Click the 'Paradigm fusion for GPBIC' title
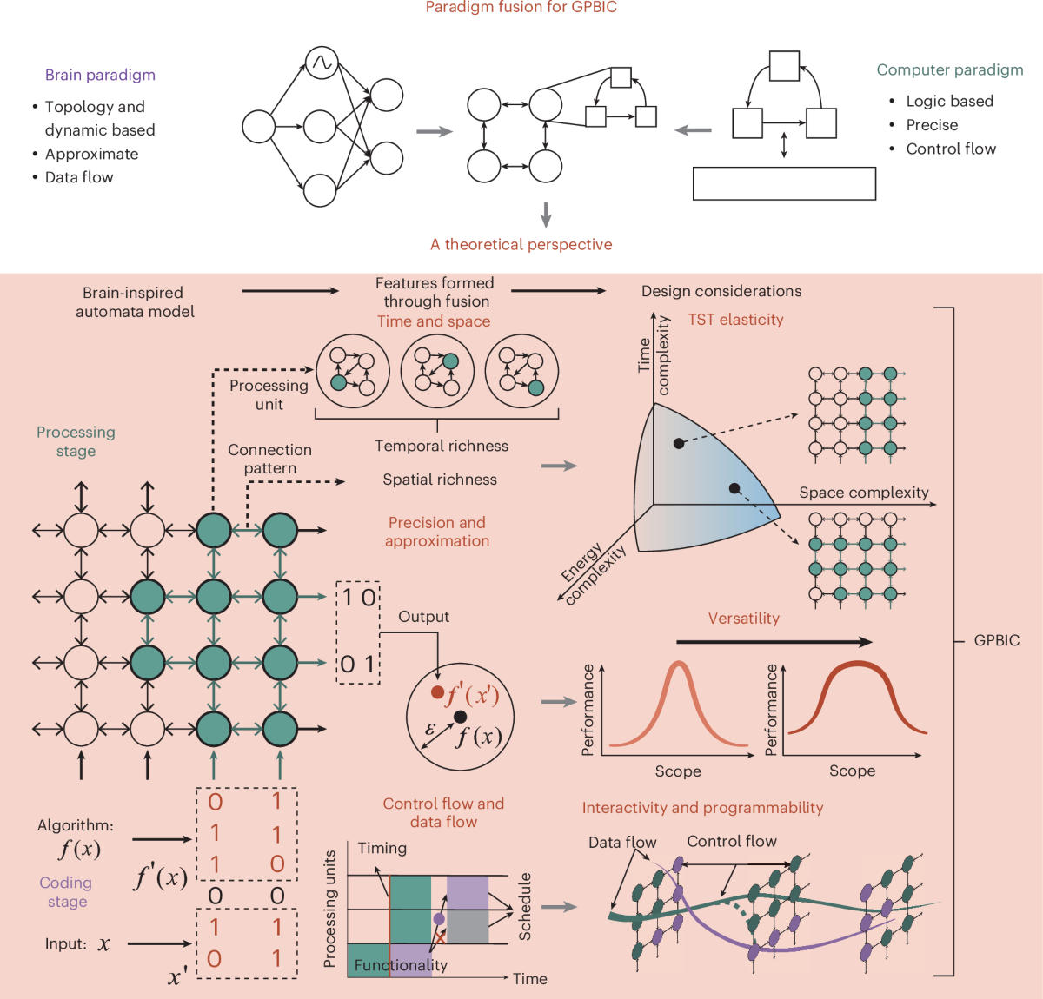tap(521, 8)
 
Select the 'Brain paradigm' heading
tap(100, 75)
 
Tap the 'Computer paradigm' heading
tap(949, 69)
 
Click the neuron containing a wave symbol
tap(322, 63)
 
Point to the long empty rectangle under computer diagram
tap(784, 183)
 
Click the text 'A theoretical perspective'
tap(521, 245)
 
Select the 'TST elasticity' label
tap(735, 320)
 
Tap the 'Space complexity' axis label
tap(863, 493)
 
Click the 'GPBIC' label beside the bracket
tap(996, 640)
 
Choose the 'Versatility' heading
tap(743, 619)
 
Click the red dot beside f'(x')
tap(437, 692)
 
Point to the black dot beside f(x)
tap(460, 717)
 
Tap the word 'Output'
tap(423, 617)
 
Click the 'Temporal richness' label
tap(442, 446)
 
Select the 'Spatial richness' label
tap(440, 480)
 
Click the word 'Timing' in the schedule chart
tap(382, 848)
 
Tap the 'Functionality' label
tap(401, 965)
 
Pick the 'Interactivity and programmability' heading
tap(702, 808)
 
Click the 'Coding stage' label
tap(66, 892)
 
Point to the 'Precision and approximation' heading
tap(437, 532)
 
